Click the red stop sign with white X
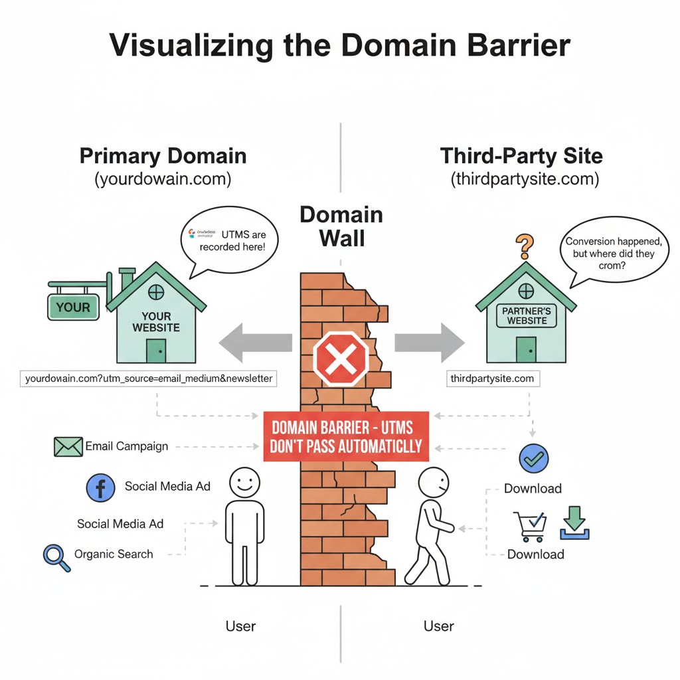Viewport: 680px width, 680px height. coord(341,359)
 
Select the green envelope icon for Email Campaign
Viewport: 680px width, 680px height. coord(68,446)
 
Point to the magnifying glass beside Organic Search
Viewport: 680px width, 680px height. coord(55,556)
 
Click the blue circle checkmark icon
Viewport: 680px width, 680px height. coord(533,459)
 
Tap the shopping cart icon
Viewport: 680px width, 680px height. coord(530,525)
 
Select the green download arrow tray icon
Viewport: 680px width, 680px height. coord(574,523)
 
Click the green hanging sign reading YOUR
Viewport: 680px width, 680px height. coord(73,307)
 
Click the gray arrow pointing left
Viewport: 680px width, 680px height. coord(255,343)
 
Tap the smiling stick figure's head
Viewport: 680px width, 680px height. coord(244,481)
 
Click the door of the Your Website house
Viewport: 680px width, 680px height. coord(156,351)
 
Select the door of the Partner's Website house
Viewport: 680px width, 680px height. coord(526,349)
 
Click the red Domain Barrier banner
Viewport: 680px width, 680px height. coord(346,435)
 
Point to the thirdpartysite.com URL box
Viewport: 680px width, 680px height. coord(493,379)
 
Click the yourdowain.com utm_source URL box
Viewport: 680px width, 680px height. coord(149,379)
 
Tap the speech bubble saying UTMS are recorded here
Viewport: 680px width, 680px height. coord(230,240)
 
